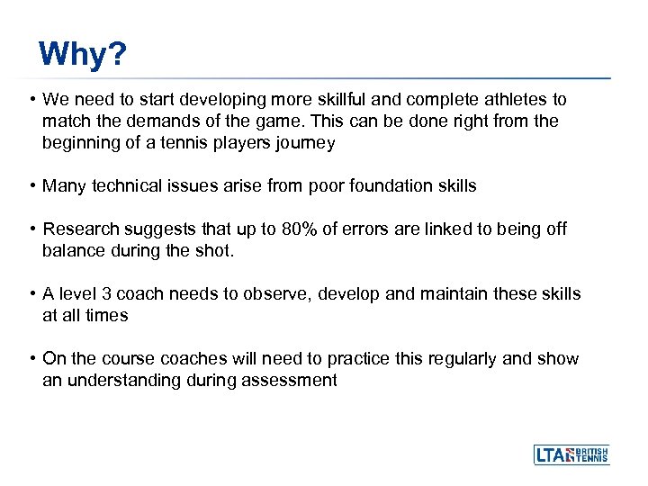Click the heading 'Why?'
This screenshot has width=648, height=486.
click(x=83, y=55)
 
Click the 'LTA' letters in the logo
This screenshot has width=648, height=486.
click(x=552, y=455)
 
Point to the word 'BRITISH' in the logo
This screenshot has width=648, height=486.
click(x=592, y=450)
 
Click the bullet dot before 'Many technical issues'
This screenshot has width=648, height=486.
click(x=31, y=186)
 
